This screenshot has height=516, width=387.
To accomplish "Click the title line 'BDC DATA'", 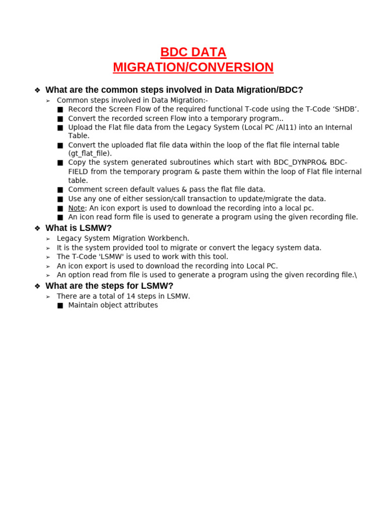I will click(x=193, y=52).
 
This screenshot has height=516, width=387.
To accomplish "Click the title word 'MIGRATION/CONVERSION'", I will click(x=193, y=68).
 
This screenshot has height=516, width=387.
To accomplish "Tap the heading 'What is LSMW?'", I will click(x=79, y=228).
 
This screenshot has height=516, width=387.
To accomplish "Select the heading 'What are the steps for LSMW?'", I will click(x=109, y=286).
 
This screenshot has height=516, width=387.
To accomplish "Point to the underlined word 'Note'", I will click(x=77, y=208).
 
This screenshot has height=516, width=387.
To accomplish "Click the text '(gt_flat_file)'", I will click(x=90, y=153).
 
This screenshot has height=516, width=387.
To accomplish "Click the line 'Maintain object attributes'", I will click(x=113, y=305).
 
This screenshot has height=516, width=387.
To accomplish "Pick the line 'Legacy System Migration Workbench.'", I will click(x=123, y=238).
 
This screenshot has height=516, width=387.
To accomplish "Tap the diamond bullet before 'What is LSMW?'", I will click(x=37, y=228).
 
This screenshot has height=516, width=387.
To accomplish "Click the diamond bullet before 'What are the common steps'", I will click(x=37, y=90).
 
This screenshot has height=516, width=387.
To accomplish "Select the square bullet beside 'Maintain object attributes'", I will click(x=60, y=305).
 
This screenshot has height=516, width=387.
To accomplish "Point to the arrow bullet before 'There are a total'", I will click(x=48, y=297).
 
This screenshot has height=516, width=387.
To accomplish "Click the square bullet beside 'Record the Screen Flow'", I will click(x=60, y=109).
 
